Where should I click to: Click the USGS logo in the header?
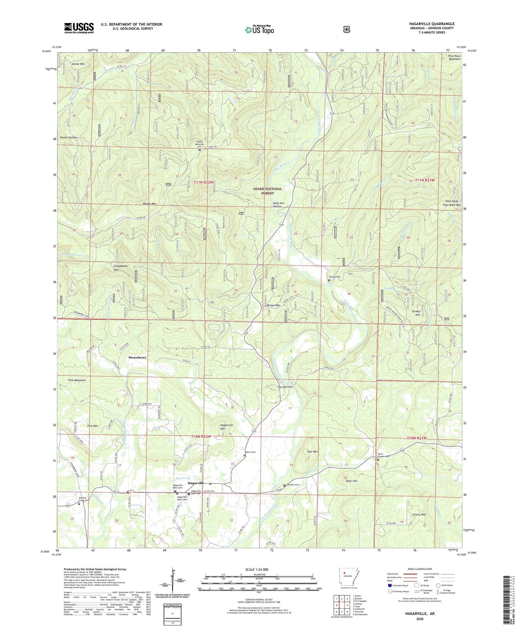[x=79, y=28]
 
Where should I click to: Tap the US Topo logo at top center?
[x=259, y=30]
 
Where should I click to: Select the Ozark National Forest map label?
[x=267, y=191]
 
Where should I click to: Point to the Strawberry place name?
[x=137, y=357]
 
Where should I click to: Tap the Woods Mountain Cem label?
[x=200, y=144]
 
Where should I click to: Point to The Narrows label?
[x=285, y=387]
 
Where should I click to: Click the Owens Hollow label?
[x=68, y=138]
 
